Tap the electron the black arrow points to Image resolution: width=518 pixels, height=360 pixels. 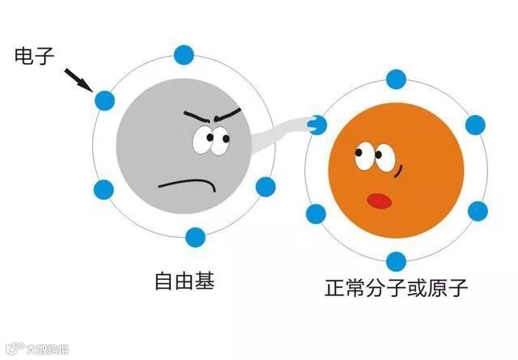103,101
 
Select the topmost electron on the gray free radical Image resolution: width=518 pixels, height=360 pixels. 185,55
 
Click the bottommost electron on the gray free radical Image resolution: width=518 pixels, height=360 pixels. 195,237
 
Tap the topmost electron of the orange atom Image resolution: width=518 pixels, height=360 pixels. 396,79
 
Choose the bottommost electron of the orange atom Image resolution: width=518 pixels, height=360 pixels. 396,261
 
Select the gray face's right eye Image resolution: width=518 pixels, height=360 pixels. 219,140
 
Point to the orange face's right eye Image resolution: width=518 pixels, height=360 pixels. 381,155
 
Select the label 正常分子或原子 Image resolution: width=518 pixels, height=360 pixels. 396,288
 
